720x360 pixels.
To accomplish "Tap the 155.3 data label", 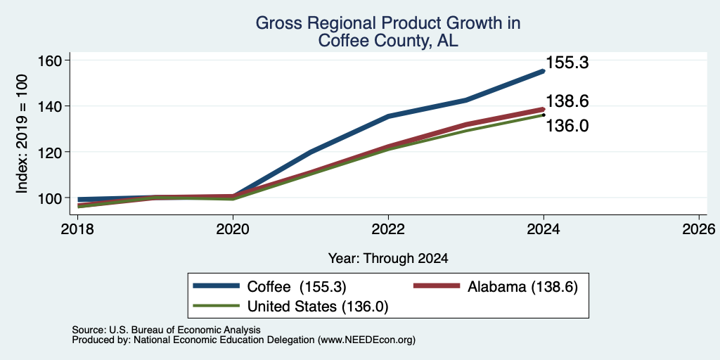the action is (567, 63).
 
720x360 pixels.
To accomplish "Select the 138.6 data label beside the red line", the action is (567, 101).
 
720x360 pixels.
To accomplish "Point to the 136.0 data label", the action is (567, 125).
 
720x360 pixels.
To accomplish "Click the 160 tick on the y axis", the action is (48, 60).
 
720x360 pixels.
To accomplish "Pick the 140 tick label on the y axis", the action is (48, 106).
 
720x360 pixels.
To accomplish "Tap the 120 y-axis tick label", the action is (48, 152).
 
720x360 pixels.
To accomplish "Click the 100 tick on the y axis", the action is (48, 198).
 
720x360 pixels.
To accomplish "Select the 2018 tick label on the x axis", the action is (78, 229).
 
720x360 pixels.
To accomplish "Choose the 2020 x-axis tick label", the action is (233, 229).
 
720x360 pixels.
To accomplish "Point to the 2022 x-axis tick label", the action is (388, 229).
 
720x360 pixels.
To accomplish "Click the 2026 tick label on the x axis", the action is (699, 229).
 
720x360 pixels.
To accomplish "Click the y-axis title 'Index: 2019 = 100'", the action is (22, 134).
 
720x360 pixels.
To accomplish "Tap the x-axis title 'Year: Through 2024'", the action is (388, 259).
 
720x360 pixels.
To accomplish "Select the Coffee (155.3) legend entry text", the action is (297, 287).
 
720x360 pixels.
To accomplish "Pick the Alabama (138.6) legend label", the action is (522, 287).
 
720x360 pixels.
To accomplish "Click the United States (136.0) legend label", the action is (318, 307).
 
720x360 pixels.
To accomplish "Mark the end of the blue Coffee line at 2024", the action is (544, 71).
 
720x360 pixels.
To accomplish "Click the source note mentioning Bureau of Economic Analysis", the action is (166, 330).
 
